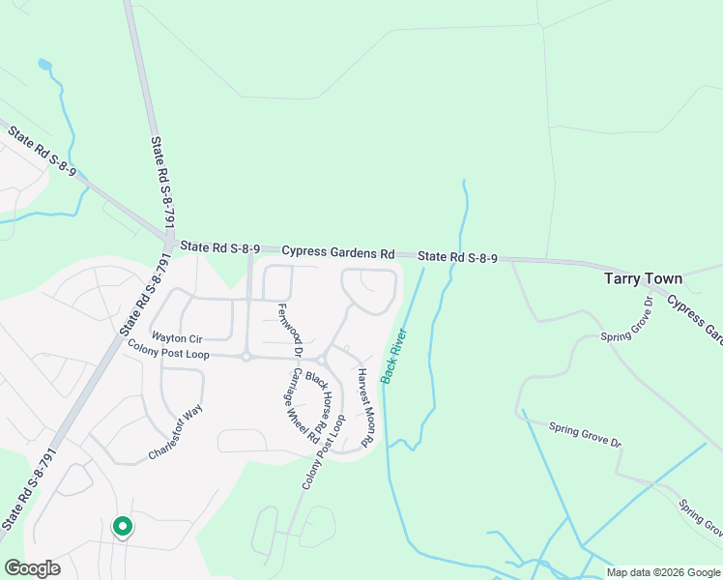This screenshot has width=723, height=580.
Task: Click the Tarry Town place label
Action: tap(643, 278)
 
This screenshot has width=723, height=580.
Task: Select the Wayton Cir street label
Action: tap(177, 338)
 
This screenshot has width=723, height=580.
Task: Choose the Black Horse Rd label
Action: tap(324, 396)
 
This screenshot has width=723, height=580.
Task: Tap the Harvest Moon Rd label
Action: tap(364, 407)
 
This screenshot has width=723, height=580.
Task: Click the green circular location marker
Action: tap(122, 527)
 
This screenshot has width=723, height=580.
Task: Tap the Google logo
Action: tap(32, 568)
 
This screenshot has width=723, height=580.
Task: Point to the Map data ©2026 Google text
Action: tap(663, 572)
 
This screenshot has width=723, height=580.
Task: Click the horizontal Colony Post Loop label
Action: tap(168, 354)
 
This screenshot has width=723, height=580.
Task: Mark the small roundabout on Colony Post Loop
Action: tap(246, 357)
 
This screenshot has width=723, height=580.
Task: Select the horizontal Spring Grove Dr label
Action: tap(585, 434)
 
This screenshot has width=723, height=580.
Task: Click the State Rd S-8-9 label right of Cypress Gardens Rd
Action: tap(457, 257)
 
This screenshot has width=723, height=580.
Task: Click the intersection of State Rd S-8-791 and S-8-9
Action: tap(167, 240)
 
